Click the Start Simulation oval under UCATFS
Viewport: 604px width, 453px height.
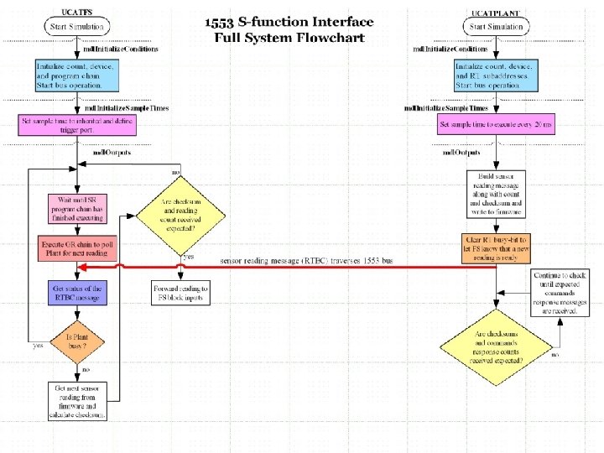point(78,26)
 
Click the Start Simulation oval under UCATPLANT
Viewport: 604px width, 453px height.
point(496,26)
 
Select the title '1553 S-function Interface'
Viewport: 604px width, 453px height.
point(289,23)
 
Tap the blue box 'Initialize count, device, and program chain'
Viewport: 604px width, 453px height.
point(78,75)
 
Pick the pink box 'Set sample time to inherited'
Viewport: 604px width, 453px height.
point(77,124)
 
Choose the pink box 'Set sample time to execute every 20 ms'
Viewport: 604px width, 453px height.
point(496,126)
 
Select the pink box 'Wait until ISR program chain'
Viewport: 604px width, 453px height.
point(76,209)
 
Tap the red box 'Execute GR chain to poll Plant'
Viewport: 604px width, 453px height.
point(76,250)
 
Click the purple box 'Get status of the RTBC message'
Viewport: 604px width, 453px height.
point(76,293)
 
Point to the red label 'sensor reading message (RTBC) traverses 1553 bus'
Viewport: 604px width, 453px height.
point(306,261)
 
